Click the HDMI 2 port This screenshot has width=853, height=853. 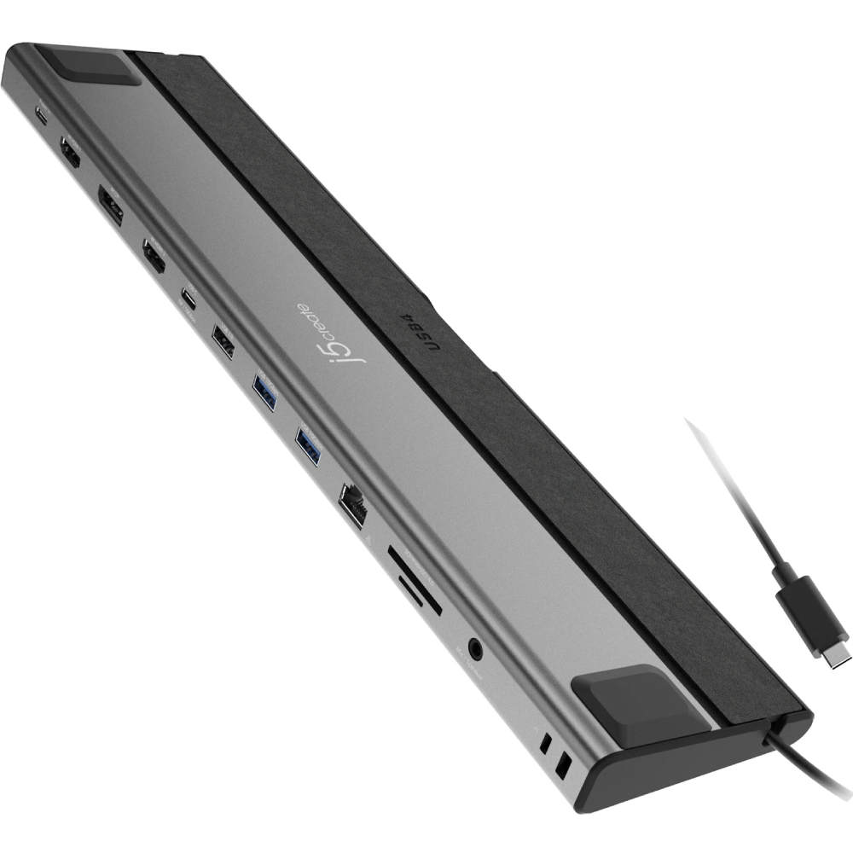click(x=154, y=256)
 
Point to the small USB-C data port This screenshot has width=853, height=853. click(x=188, y=299)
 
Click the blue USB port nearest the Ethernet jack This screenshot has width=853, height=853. click(x=308, y=445)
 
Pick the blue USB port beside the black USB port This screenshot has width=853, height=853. click(x=264, y=393)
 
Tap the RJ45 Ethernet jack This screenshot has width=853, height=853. click(x=354, y=502)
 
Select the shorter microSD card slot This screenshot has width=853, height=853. click(x=420, y=596)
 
